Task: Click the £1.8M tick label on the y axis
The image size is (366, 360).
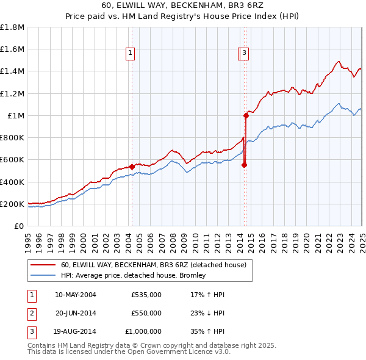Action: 12,27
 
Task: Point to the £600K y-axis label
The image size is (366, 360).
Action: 12,160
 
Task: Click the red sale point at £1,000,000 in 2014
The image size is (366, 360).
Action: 246,115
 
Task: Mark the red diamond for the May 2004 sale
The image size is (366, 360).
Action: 132,167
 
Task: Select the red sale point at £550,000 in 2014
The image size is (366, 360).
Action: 245,165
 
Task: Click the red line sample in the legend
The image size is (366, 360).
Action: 44,265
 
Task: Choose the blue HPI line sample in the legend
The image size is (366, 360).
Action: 44,276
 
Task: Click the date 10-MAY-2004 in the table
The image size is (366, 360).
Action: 76,295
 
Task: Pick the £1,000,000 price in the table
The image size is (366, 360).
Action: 146,333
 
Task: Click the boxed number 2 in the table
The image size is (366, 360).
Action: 31,314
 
